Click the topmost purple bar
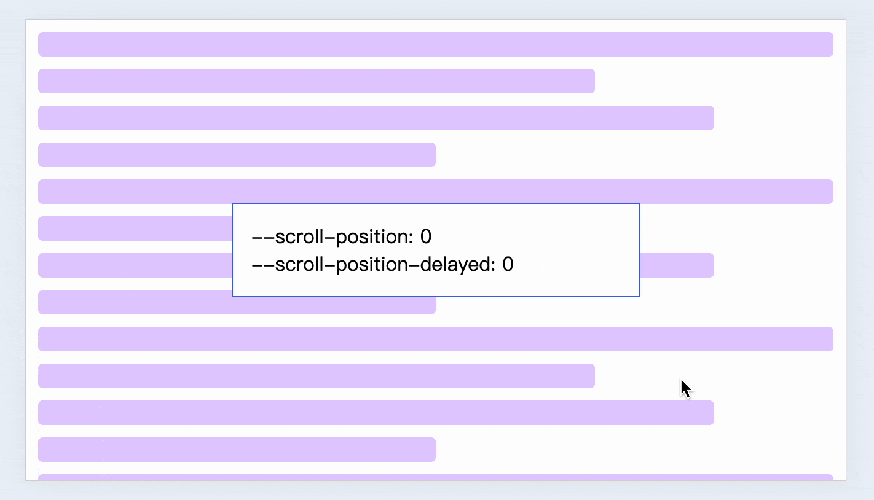click(435, 44)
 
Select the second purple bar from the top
click(316, 81)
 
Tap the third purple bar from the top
click(376, 118)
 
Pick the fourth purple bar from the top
click(237, 155)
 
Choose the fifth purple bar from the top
click(435, 191)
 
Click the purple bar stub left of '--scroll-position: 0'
click(135, 229)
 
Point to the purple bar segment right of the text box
click(676, 265)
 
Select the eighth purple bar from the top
click(135, 302)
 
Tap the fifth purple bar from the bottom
click(435, 339)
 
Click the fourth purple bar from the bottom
click(316, 376)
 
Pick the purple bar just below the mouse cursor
click(376, 413)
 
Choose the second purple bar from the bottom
click(237, 450)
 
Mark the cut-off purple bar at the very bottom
click(435, 477)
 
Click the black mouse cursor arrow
click(685, 389)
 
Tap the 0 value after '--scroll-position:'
click(426, 236)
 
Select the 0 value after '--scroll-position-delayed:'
click(508, 265)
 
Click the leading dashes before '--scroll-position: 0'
click(263, 236)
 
